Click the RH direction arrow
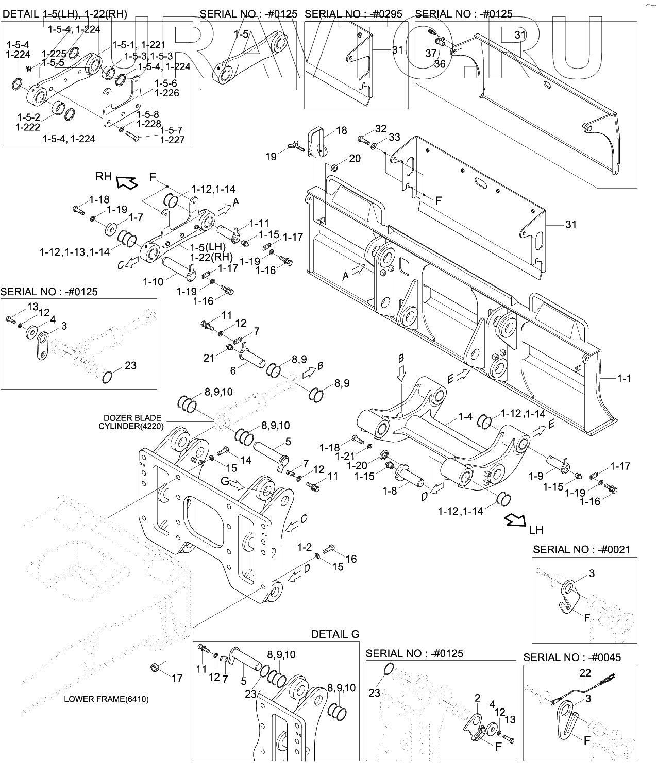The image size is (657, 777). [126, 181]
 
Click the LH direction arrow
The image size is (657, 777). [516, 520]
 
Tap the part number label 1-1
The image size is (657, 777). [624, 378]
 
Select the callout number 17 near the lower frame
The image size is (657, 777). [177, 678]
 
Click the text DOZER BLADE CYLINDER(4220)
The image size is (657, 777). [132, 421]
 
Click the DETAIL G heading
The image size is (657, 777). [335, 634]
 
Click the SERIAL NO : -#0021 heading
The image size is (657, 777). [581, 550]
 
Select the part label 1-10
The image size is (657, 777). [153, 281]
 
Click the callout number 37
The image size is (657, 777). [431, 53]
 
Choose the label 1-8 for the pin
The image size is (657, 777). [390, 491]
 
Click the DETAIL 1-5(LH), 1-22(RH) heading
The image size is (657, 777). [65, 14]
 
